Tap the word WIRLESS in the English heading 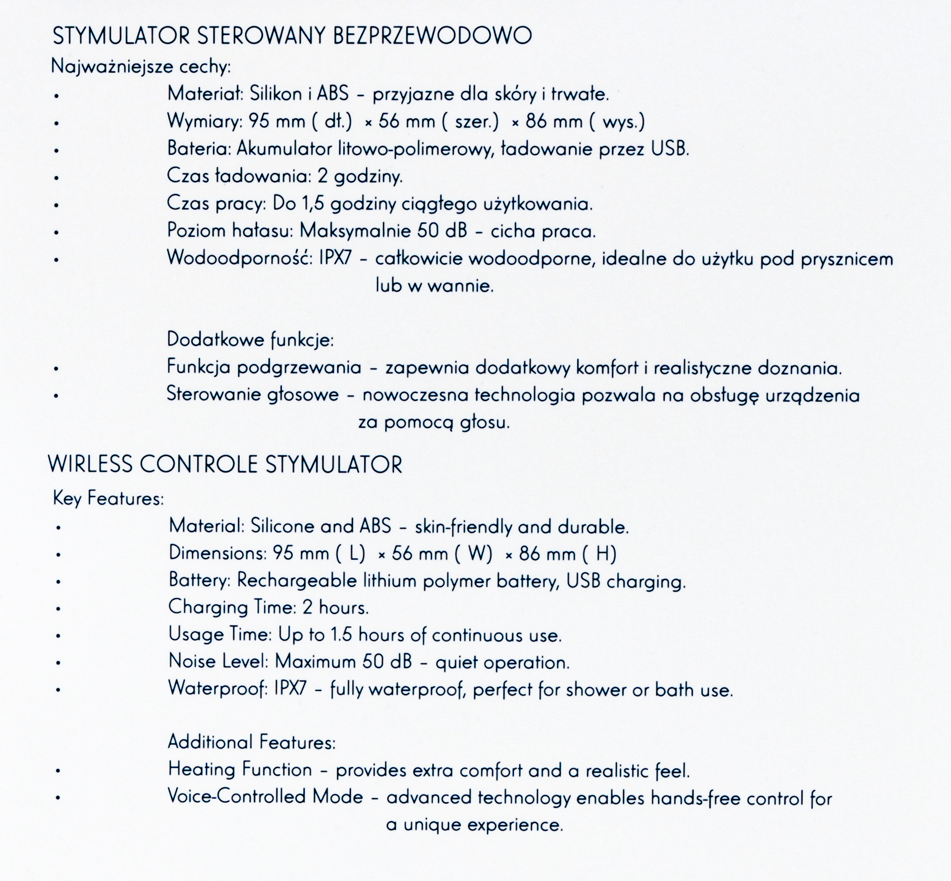click(90, 464)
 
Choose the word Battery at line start click(199, 580)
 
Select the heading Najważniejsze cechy click(141, 66)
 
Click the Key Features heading click(108, 498)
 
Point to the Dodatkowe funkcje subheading click(250, 339)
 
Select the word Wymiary click(205, 122)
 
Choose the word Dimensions click(217, 553)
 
